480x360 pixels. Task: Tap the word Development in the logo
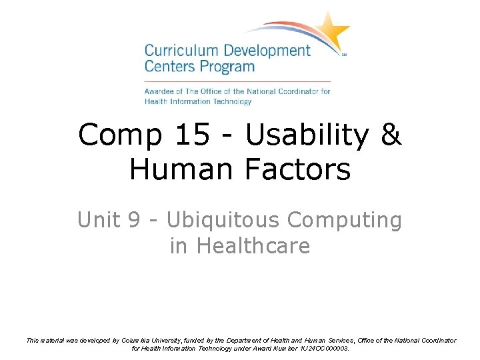tap(267, 51)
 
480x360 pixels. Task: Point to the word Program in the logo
tap(230, 67)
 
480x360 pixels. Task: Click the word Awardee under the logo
tap(160, 91)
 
